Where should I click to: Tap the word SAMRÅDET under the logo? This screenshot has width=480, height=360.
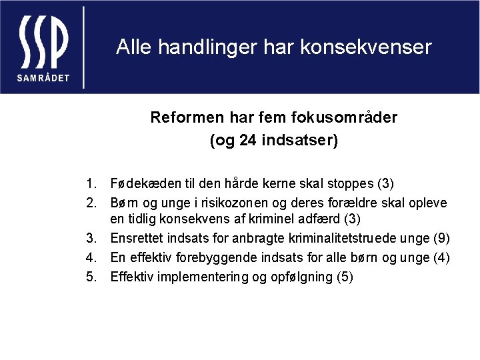pos(43,77)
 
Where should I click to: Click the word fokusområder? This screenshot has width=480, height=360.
pos(344,118)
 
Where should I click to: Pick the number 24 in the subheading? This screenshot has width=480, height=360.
pos(246,141)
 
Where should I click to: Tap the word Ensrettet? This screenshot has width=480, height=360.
pos(138,239)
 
